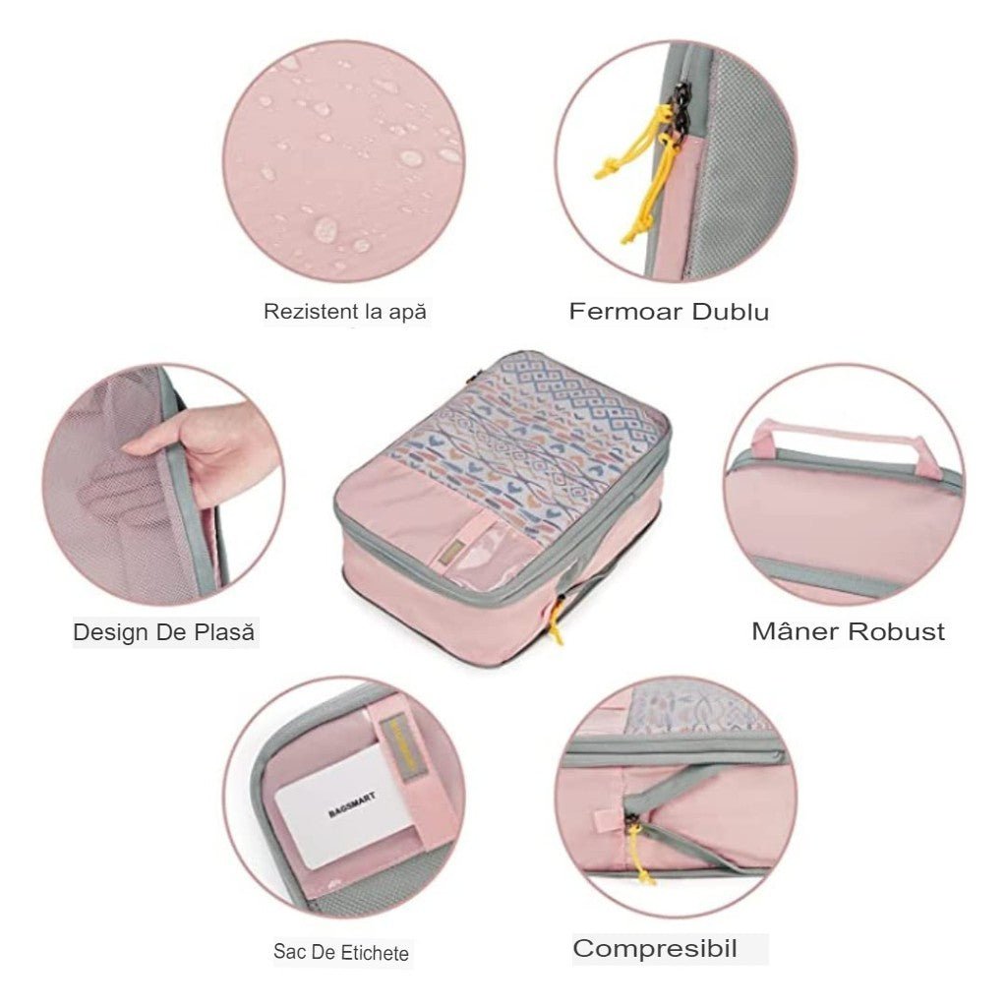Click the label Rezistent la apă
coord(345,312)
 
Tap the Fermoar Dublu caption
coord(669,313)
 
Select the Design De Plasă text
coord(164,631)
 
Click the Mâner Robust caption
coord(848,630)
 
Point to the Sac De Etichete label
coord(341,952)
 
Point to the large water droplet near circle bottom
coord(324,228)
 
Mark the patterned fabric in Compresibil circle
coord(698,708)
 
